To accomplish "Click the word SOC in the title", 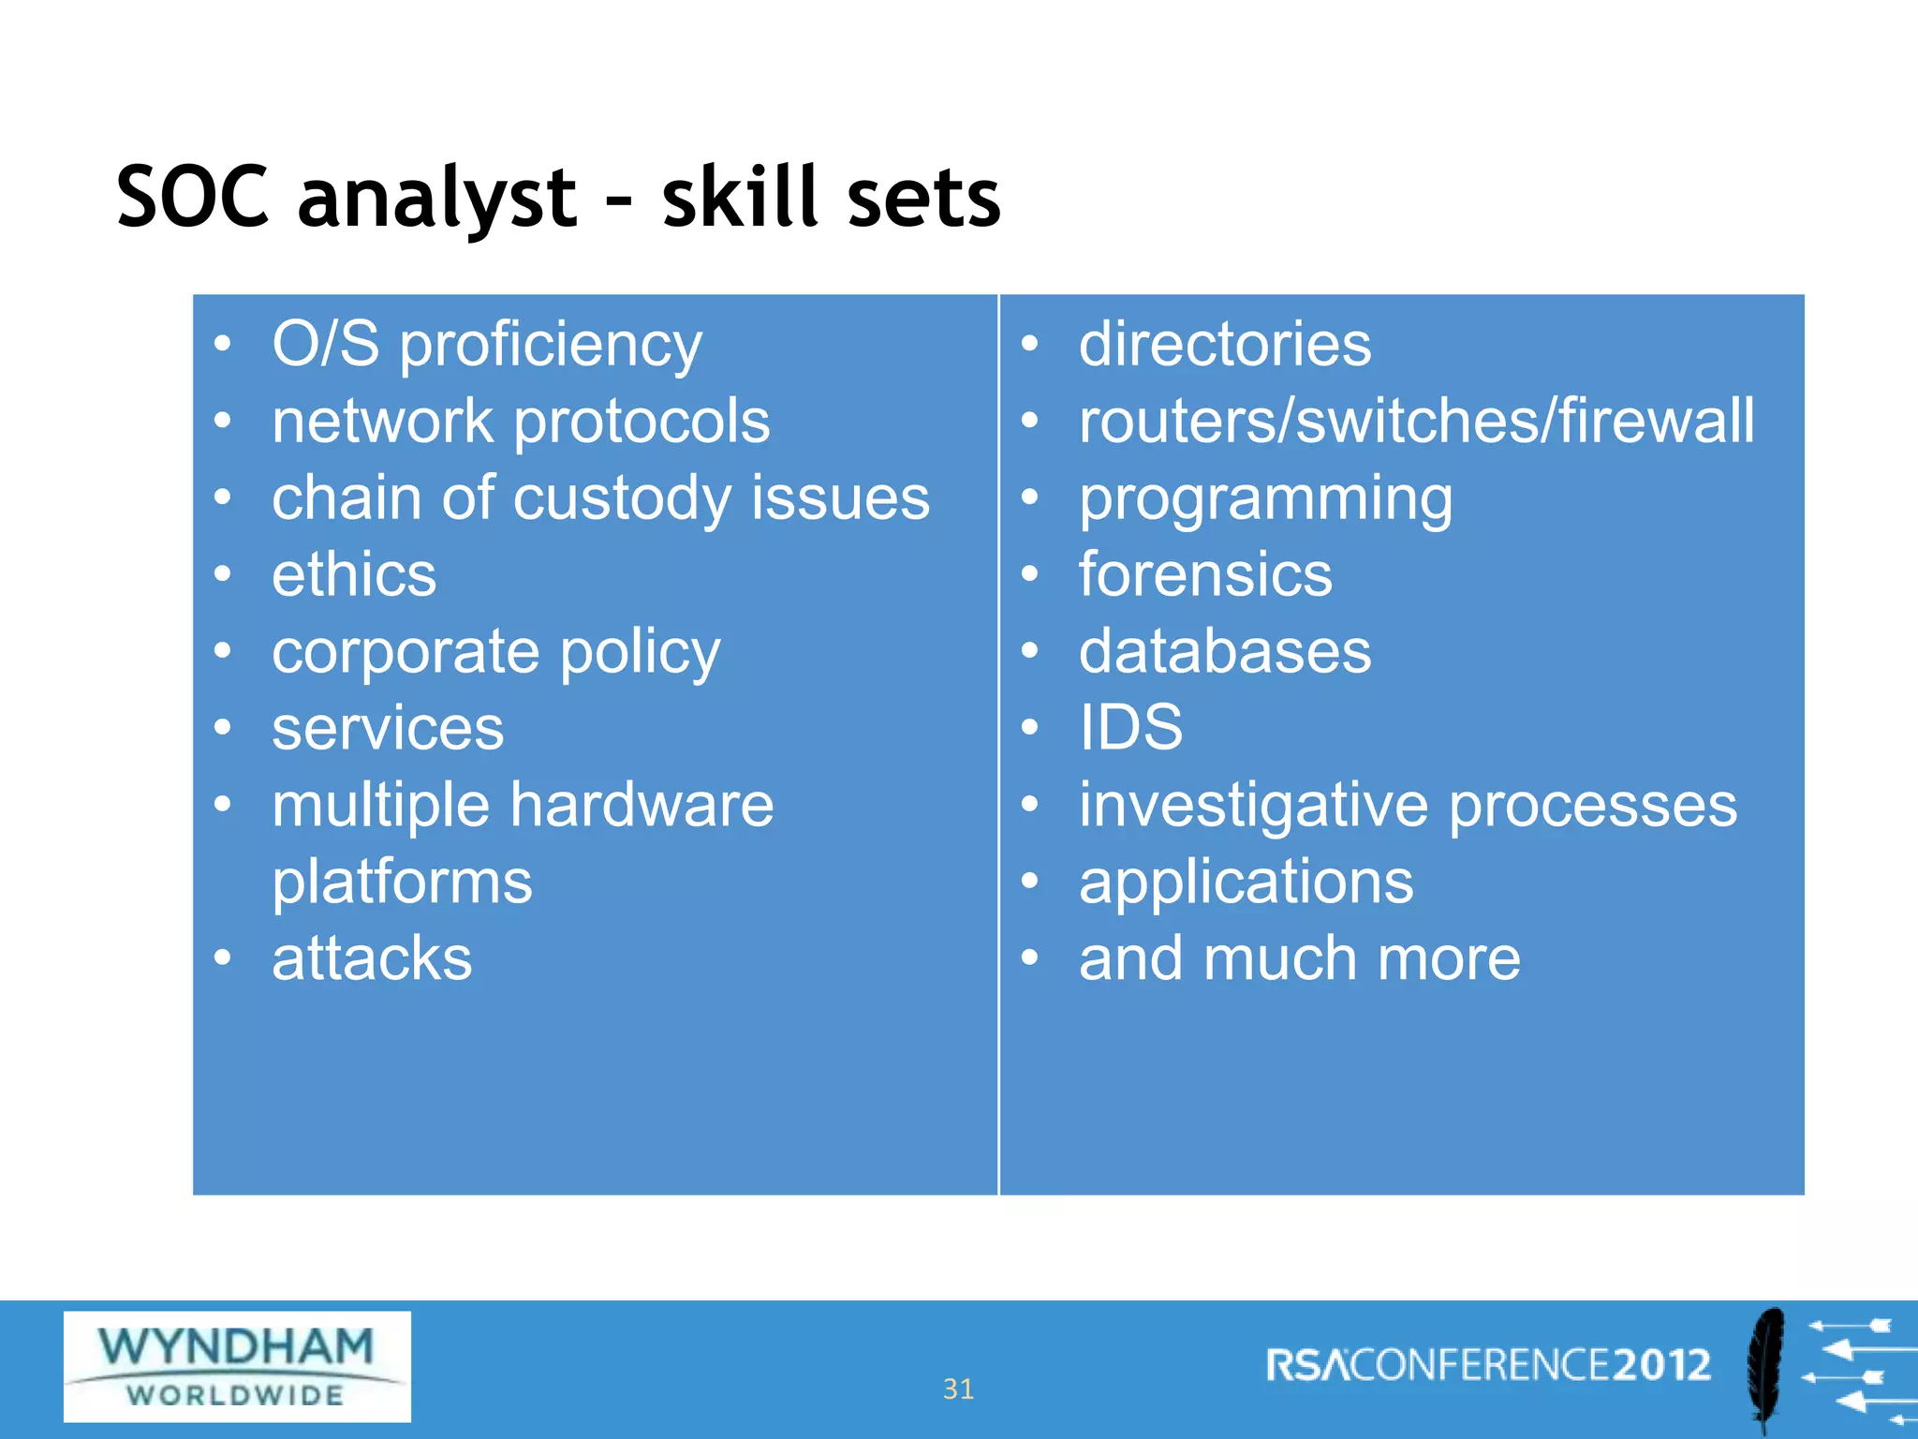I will coord(193,198).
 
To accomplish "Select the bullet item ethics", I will coord(354,574).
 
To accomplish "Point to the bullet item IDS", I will coord(1130,727).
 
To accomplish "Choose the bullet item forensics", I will coord(1204,574).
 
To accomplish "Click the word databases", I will coord(1224,651).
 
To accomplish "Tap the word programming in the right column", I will coord(1265,499).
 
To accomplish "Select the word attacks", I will coord(372,958).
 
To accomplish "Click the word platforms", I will coord(402,883).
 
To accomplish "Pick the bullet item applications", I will coord(1246,883).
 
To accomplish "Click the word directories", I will coord(1224,344).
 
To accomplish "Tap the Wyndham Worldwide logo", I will coord(237,1366).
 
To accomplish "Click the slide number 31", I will coord(958,1388).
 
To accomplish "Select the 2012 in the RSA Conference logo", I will coord(1661,1365).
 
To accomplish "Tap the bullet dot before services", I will coord(222,727).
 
